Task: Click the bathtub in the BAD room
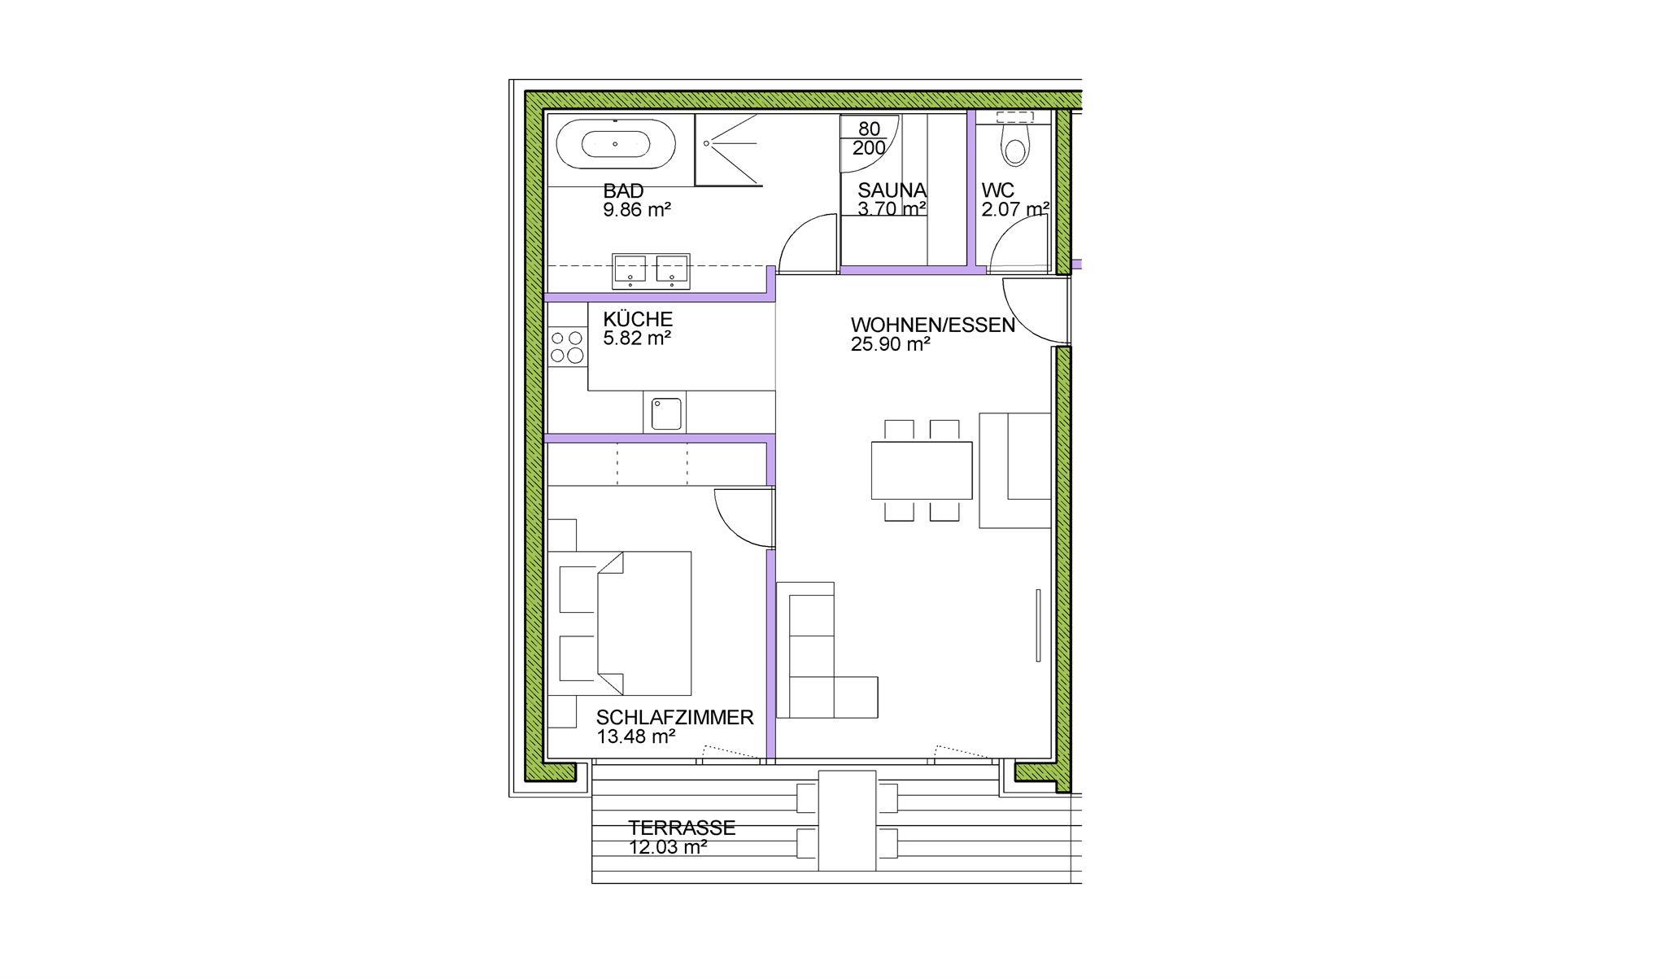[615, 145]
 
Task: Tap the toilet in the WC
[1014, 143]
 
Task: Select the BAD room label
[623, 191]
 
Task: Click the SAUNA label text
[892, 190]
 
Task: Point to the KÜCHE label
[638, 319]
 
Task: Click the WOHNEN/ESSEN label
[933, 326]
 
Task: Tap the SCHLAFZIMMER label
[674, 718]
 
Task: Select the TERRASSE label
[682, 828]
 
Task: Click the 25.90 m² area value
[891, 344]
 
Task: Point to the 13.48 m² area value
[636, 737]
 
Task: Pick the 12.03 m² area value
[667, 847]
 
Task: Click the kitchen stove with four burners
[567, 347]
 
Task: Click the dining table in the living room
[922, 470]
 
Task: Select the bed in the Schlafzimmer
[626, 623]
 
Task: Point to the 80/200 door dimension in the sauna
[869, 138]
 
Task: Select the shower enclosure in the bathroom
[729, 150]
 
